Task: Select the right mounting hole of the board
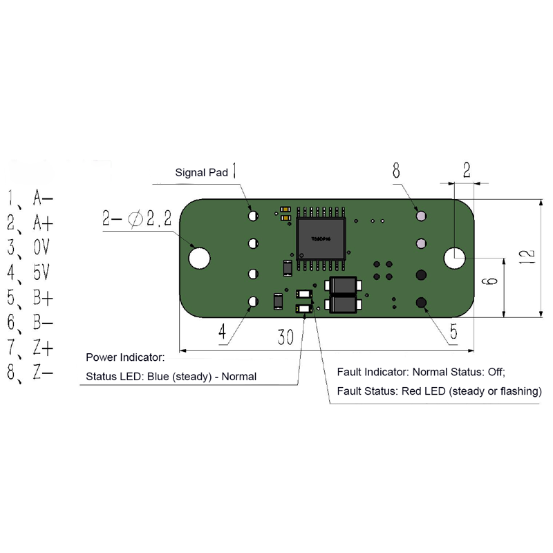(455, 258)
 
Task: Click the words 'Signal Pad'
(201, 173)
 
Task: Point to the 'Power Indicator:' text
(125, 358)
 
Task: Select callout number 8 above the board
(396, 170)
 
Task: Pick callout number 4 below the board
(223, 332)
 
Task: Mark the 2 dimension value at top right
(467, 169)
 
